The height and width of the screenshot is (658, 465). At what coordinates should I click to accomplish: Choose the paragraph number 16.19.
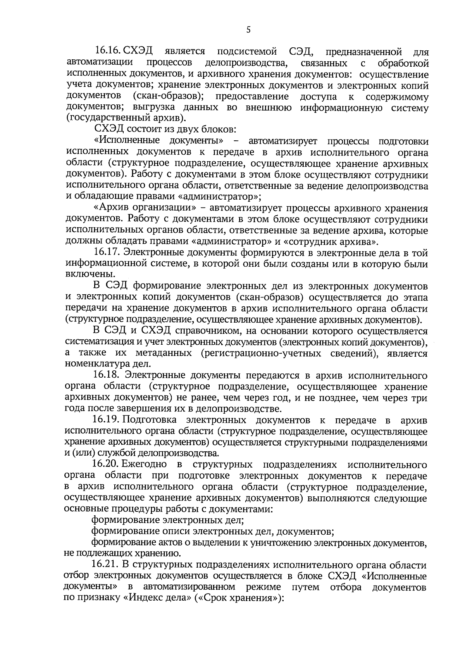pyautogui.click(x=106, y=420)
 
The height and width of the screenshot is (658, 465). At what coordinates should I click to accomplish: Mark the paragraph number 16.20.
pyautogui.click(x=106, y=465)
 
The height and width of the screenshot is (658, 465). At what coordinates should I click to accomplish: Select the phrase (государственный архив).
pyautogui.click(x=126, y=118)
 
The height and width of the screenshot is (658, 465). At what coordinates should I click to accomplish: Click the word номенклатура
pyautogui.click(x=97, y=364)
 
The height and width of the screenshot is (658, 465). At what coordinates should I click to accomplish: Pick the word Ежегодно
pyautogui.click(x=144, y=465)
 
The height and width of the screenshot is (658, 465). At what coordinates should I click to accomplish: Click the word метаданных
pyautogui.click(x=164, y=353)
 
